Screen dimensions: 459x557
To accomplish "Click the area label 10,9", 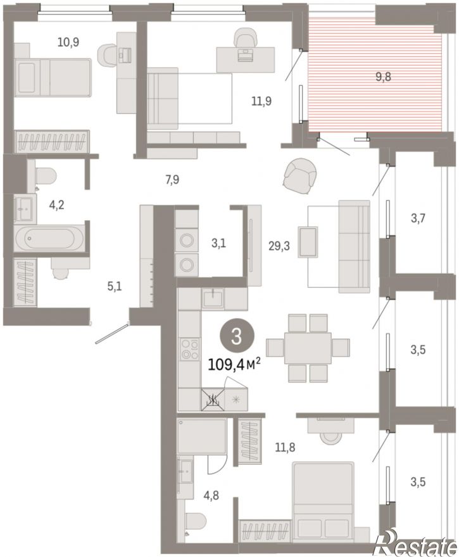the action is click(x=68, y=42).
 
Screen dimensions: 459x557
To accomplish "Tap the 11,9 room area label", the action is click(x=261, y=101).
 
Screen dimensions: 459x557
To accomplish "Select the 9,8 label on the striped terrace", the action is click(x=383, y=77).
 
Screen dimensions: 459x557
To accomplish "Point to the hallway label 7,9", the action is click(x=172, y=180).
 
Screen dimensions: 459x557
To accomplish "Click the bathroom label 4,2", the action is click(x=56, y=205).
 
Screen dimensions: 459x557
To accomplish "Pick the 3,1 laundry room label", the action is click(x=218, y=243).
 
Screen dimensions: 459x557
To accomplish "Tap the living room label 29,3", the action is click(x=279, y=245).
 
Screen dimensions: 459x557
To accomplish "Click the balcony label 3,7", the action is click(x=418, y=217).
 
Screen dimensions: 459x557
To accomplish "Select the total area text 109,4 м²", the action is click(x=234, y=364).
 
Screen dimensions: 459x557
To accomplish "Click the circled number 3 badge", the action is click(x=237, y=337).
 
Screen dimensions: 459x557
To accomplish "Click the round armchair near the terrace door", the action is click(x=300, y=176).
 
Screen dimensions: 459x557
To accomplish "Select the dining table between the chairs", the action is click(x=308, y=348).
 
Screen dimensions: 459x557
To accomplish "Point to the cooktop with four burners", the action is click(x=190, y=350).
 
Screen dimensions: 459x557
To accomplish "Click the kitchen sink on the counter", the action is click(x=213, y=298).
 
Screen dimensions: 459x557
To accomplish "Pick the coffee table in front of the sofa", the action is click(x=308, y=242).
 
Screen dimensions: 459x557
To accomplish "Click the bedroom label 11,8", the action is click(x=285, y=447).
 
